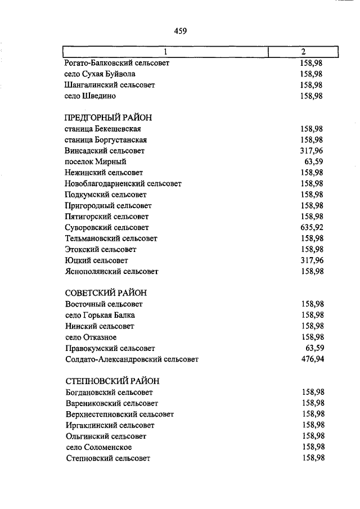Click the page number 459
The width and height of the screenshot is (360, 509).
point(180,31)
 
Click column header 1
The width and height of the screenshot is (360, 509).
point(165,52)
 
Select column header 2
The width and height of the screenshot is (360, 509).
point(303,52)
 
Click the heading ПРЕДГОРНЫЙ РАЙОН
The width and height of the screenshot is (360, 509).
point(109,118)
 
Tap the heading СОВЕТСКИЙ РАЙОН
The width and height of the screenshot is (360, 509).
point(106,293)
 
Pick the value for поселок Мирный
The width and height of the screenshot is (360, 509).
point(314,162)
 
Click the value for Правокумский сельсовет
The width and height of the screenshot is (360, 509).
point(314,348)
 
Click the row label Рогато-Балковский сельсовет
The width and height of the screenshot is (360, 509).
point(117,63)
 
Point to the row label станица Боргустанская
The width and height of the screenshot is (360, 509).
point(106,140)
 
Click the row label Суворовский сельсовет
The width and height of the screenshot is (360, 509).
point(107,228)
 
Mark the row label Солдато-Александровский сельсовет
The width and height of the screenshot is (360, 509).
point(132,359)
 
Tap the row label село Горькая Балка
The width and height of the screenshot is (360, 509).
point(100,315)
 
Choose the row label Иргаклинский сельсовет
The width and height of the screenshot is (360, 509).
point(110,425)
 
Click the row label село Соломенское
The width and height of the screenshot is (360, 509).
point(98,447)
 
